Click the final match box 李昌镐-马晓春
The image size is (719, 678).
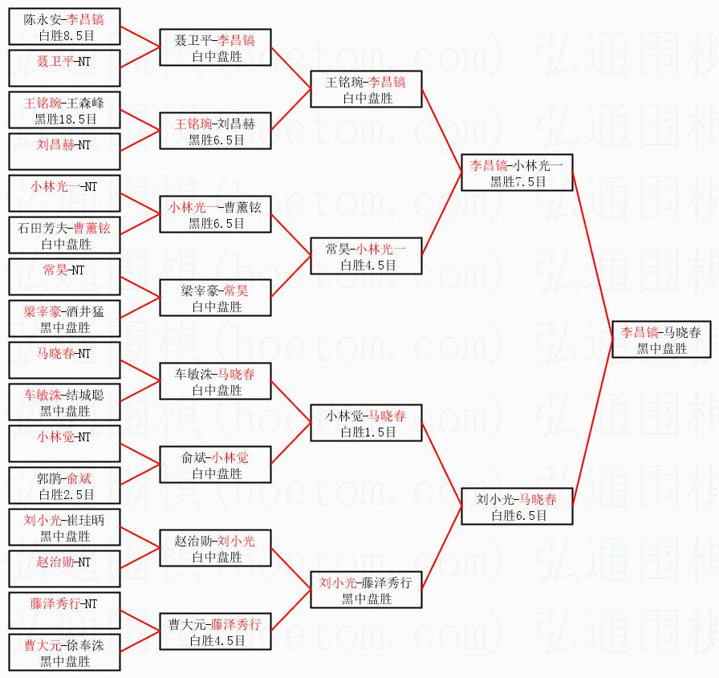661,339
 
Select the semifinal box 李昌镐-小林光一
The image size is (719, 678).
517,173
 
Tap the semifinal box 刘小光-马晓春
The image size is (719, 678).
517,506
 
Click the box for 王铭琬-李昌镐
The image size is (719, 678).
366,89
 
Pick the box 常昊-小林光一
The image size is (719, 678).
366,256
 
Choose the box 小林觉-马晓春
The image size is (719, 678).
366,423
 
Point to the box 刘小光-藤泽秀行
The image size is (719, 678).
366,590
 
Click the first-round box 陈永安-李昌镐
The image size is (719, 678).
64,26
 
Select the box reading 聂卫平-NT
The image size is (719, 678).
64,68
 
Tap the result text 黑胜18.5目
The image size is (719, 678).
66,120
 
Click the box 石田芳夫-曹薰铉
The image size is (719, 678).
64,235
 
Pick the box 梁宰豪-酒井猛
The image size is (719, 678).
64,319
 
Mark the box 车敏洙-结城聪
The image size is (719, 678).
64,401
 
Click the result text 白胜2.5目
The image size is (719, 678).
67,494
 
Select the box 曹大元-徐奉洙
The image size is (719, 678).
64,652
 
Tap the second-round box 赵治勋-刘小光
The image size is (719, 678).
215,548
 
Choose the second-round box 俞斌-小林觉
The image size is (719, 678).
215,465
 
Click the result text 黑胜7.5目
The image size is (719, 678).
518,182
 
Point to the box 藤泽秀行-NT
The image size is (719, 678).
64,610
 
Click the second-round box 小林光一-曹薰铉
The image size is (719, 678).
215,214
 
